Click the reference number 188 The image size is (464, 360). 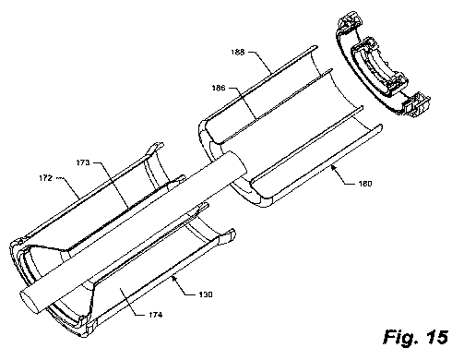coord(238,53)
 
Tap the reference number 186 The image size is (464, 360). coord(219,88)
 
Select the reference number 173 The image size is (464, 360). coord(83,162)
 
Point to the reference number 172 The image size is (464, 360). coord(46,178)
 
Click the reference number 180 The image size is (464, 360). coord(365,184)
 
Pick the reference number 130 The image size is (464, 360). coord(206,294)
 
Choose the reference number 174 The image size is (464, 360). coord(156,315)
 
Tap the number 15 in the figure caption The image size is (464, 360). coord(437,337)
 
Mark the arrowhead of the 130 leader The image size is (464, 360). coord(174,279)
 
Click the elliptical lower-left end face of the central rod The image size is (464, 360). coord(31,302)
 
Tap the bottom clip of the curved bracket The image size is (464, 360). coord(416,104)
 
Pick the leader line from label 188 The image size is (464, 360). coord(260,62)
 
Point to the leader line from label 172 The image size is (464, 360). coord(69,187)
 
